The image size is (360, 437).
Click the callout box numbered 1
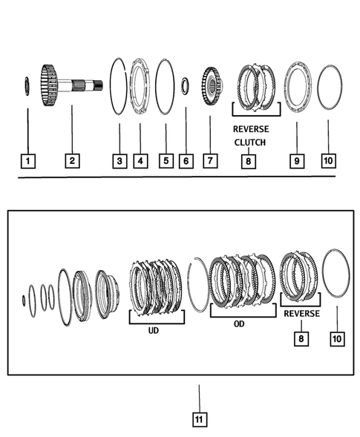(27, 160)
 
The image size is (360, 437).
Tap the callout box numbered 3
(119, 160)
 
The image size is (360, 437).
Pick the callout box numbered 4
(138, 160)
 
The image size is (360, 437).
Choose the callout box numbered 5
(165, 160)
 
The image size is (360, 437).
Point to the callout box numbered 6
(186, 160)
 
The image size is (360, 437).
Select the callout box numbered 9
(295, 160)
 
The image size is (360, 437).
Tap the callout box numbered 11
(198, 419)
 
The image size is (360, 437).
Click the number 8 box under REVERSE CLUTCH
(248, 160)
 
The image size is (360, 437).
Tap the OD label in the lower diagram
(239, 323)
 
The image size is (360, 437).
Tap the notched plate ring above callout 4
(139, 86)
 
